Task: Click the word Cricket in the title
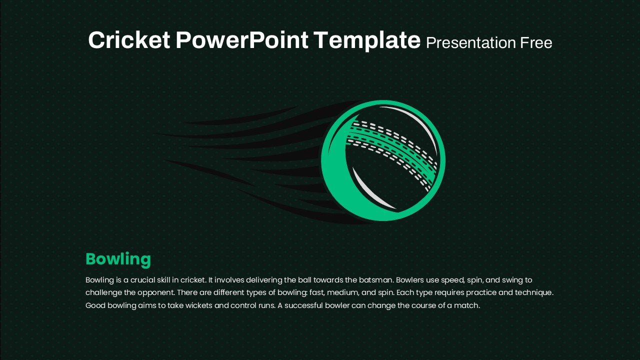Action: tap(129, 40)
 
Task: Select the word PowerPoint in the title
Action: tap(241, 40)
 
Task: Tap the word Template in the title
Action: tap(367, 41)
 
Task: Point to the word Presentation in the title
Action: tap(471, 43)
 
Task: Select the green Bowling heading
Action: tap(118, 259)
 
